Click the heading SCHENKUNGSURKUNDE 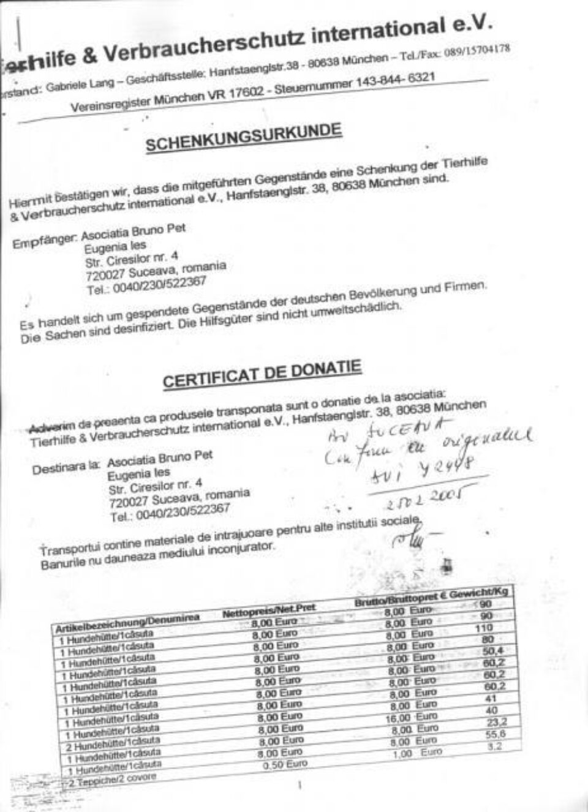tap(243, 137)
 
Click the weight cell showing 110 tap(484, 628)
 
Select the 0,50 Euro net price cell tap(284, 764)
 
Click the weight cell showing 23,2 tap(492, 721)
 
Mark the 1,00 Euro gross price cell tap(416, 753)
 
